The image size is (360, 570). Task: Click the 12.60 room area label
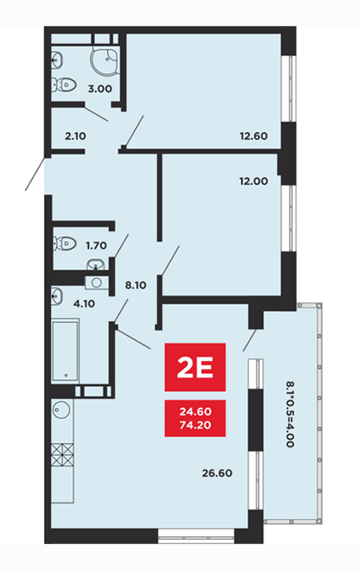coord(254,136)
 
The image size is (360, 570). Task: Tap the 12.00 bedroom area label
coord(254,181)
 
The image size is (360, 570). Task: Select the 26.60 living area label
coord(217,473)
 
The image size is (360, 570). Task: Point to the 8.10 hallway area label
coord(136,285)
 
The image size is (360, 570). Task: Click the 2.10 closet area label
coord(76,136)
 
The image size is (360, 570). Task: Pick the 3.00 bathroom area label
coord(100,89)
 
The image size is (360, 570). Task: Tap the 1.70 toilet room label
coord(97,246)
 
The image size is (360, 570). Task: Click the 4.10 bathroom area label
coord(85,303)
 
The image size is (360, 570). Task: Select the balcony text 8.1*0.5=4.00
coord(290,414)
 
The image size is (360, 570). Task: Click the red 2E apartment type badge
coord(195,367)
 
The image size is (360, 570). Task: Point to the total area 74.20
coord(195,425)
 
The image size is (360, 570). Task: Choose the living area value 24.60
coord(195,412)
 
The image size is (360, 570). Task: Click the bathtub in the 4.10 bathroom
coord(66,351)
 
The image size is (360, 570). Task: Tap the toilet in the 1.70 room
coord(64,244)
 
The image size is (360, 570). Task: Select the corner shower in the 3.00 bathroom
coord(104,58)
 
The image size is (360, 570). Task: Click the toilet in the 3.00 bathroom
coord(64,85)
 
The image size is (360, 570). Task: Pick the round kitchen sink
coord(61,410)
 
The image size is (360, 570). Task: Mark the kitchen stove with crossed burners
coord(62,455)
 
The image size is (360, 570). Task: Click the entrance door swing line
coord(35,174)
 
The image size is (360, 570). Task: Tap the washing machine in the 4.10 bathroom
coord(97,282)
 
